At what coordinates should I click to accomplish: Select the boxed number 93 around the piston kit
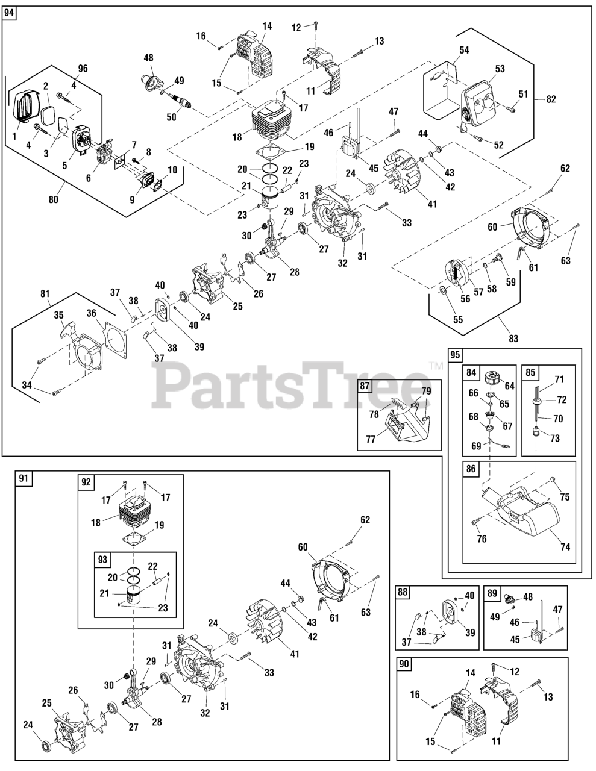click(102, 560)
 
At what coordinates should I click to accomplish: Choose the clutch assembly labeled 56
click(456, 274)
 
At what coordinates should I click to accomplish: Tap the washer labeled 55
click(443, 292)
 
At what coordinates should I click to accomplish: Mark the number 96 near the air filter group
click(83, 68)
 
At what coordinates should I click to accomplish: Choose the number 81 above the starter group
click(44, 293)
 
